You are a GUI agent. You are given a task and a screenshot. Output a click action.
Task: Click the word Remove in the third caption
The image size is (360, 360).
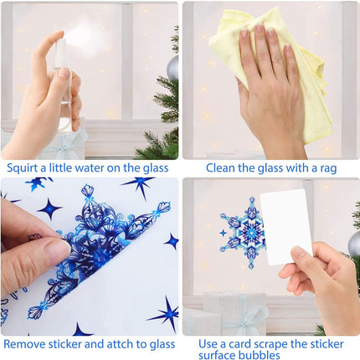point(24,344)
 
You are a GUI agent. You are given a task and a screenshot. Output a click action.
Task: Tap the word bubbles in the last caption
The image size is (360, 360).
point(259,355)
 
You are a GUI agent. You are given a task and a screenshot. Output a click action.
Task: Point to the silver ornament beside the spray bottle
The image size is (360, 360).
point(173,68)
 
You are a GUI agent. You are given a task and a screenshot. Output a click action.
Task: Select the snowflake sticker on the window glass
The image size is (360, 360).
point(243,233)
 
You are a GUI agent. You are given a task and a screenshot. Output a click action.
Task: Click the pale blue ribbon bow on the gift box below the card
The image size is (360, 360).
point(245,318)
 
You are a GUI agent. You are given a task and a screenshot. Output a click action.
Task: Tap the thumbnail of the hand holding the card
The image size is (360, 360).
point(297,253)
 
